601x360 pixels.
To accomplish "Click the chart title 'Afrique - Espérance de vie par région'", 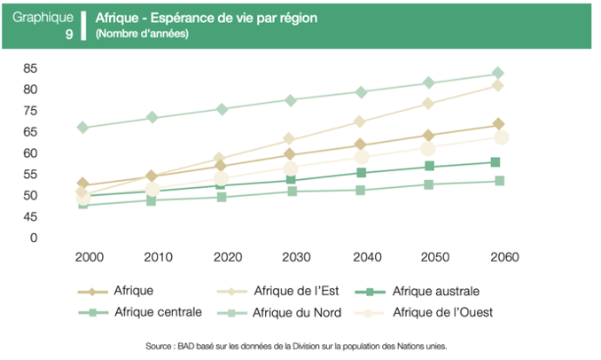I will [x=206, y=18].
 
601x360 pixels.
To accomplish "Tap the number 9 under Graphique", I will [x=69, y=35].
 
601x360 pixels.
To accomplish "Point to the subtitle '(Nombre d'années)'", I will [x=142, y=35].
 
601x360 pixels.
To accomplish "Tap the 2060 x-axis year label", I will [x=498, y=257].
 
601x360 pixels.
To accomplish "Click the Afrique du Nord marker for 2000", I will [x=83, y=128].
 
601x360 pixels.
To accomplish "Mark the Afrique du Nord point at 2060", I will [x=498, y=74].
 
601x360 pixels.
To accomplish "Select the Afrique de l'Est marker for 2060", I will [x=498, y=85].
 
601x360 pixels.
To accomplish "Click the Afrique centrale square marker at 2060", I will [x=499, y=181].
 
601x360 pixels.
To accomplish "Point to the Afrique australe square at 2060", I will [x=496, y=162].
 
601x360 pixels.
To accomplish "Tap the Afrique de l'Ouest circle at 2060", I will [x=501, y=137].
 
